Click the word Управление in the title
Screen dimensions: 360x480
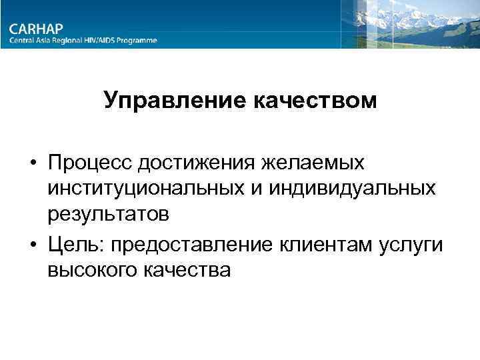[x=175, y=102]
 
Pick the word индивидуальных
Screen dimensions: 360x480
[x=345, y=189]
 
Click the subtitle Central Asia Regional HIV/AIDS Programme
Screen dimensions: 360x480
[x=83, y=40]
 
